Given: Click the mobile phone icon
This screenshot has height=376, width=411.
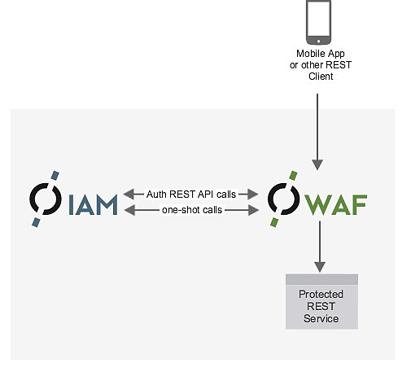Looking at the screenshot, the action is [318, 22].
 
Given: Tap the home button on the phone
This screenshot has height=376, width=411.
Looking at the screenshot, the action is [318, 42].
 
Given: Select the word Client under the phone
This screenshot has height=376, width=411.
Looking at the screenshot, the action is [321, 77].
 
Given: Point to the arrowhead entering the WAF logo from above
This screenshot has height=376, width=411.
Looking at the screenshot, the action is [317, 165].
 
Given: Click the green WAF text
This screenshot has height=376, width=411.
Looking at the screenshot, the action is [335, 204].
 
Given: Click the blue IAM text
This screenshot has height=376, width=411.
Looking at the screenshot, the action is [93, 204].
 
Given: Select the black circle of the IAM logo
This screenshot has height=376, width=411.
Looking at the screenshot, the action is [45, 199].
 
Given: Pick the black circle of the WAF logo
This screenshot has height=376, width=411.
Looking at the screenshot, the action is [283, 199].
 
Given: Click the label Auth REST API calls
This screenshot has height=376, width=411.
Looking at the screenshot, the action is [191, 195].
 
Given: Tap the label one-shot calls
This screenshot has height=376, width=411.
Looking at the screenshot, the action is [192, 210].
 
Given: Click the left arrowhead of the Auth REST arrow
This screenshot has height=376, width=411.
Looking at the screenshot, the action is [129, 195].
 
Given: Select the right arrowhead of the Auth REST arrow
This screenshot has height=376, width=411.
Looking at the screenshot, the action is [252, 195].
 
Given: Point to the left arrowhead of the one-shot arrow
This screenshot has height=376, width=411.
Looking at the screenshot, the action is [129, 210].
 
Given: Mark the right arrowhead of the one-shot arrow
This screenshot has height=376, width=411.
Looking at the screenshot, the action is [253, 210].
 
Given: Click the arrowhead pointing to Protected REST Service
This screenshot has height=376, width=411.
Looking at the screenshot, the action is [320, 267].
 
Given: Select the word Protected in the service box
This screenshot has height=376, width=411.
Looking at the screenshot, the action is [321, 295].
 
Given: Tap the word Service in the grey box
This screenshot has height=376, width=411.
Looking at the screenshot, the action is [321, 318].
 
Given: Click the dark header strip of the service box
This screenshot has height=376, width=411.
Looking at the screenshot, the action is [321, 279].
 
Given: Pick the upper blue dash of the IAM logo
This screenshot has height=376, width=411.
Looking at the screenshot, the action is [55, 175].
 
